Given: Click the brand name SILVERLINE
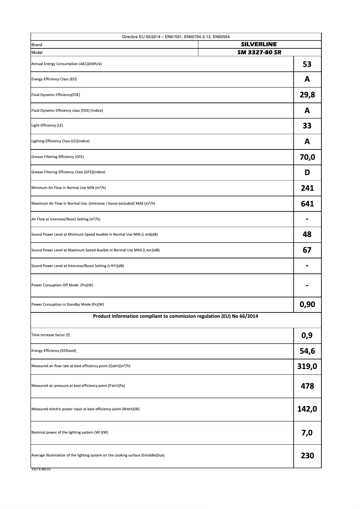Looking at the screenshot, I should tap(259, 44).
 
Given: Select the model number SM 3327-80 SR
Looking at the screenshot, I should tap(259, 52).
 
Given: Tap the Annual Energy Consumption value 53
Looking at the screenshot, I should tap(307, 64).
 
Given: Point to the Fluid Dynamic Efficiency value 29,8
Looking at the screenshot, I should tap(307, 95).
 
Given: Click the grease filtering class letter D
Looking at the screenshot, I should tap(307, 172).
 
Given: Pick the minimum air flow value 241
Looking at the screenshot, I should tap(307, 188).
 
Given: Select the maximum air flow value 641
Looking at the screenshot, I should tap(307, 204).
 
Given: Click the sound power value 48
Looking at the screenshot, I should tap(307, 234).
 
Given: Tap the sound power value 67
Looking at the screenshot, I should tap(307, 250).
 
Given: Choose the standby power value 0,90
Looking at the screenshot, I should tap(307, 305).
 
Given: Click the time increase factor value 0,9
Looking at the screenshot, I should tap(307, 335).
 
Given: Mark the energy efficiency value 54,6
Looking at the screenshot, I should tap(307, 351).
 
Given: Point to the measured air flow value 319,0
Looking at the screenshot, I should tap(307, 366).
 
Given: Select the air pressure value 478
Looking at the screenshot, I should tap(307, 386).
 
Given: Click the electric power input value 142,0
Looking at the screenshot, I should tap(307, 409).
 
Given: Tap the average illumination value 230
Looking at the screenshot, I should tap(307, 455).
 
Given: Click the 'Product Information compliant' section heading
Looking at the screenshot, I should tap(176, 316).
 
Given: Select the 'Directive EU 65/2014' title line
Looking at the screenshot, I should tap(176, 37).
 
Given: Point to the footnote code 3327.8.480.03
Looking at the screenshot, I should tap(41, 470).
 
